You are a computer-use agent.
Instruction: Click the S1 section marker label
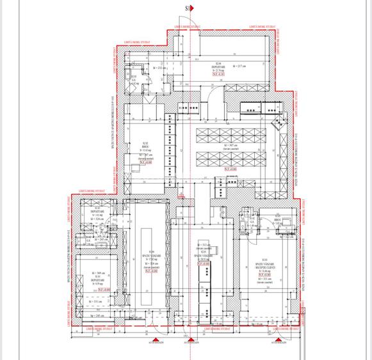(x=188, y=8)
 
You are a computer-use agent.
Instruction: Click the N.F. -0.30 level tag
(x=220, y=75)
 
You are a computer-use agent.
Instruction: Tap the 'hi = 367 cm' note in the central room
(x=232, y=145)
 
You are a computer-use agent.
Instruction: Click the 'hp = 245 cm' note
(x=97, y=315)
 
